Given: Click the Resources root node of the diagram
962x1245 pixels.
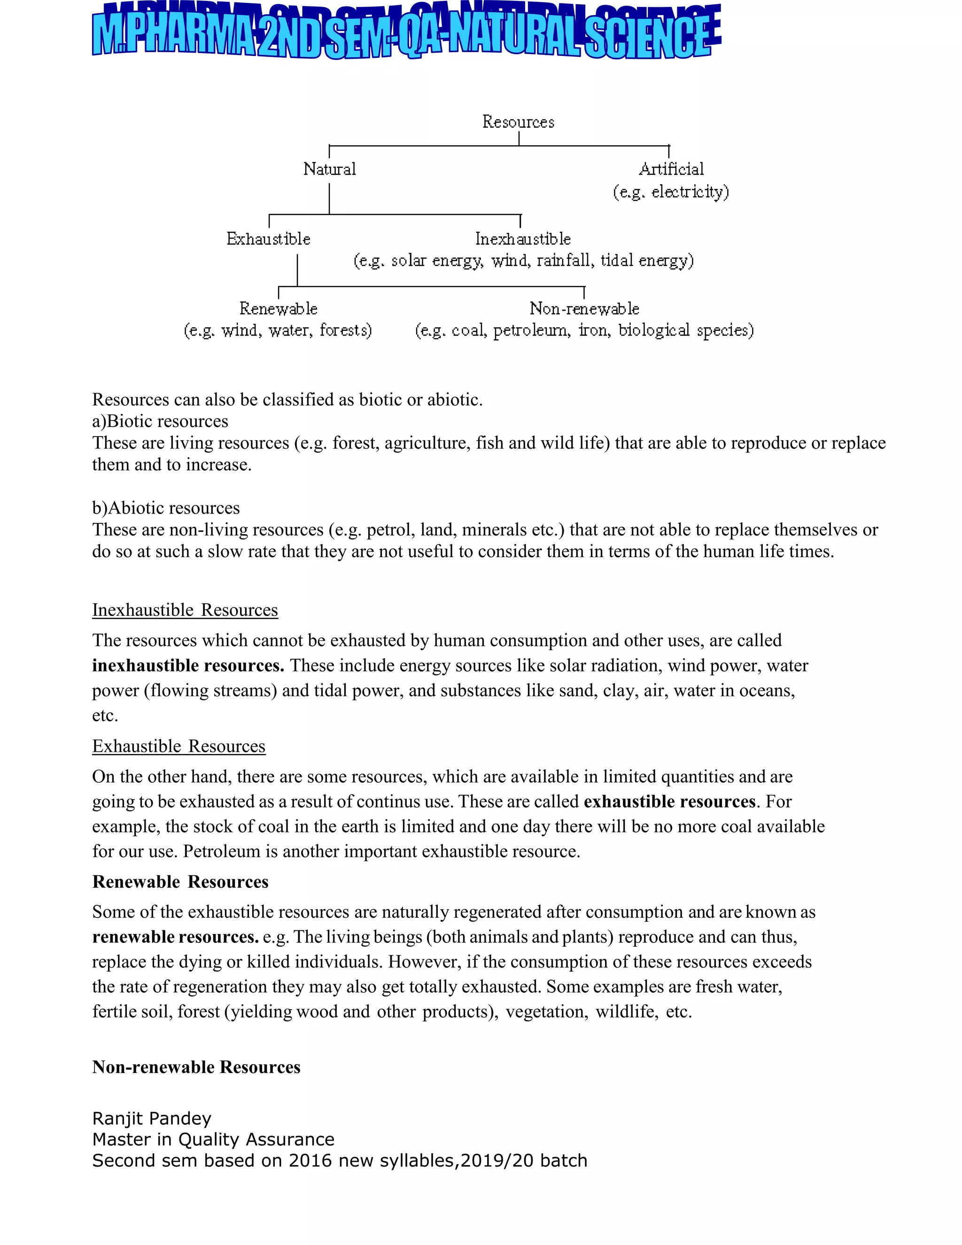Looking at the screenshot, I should click(518, 122).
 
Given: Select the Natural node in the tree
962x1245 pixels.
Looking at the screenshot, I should click(329, 169).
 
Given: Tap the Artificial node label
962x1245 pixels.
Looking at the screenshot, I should click(671, 169).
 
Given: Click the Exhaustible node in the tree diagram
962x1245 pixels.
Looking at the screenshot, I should click(268, 239).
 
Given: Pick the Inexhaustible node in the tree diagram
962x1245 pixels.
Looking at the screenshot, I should click(523, 239).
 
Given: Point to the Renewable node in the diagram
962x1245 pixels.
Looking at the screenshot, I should click(278, 309).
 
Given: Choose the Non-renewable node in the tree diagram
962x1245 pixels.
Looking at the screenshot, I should click(584, 309).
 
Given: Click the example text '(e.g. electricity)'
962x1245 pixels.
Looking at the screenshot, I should click(671, 192).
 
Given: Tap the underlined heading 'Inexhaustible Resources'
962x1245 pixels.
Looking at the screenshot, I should click(185, 610).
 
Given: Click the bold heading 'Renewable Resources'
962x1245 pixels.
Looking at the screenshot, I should click(180, 882).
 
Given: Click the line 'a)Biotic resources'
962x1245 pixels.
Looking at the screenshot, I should click(160, 421).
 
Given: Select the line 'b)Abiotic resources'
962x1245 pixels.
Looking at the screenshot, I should click(166, 508).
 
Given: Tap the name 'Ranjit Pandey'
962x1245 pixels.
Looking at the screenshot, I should click(152, 1119).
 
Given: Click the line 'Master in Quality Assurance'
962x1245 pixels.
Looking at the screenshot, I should click(213, 1140).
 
